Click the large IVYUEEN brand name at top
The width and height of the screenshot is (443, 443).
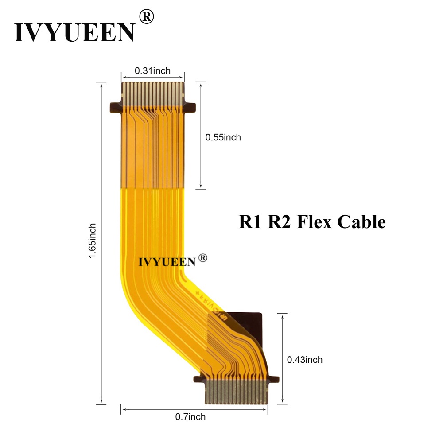pos(74,31)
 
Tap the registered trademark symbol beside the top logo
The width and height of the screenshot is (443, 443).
pos(147,17)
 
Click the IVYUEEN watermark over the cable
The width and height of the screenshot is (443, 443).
pos(167,261)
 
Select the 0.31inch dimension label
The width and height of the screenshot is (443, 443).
pos(152,70)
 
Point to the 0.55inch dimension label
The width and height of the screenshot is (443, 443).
pos(223,137)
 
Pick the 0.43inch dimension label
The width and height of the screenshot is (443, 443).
pos(305,360)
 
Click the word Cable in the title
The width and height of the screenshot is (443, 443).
pos(361,221)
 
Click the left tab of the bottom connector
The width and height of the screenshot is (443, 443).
pos(199,379)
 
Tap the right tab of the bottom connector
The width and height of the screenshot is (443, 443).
pos(274,379)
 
